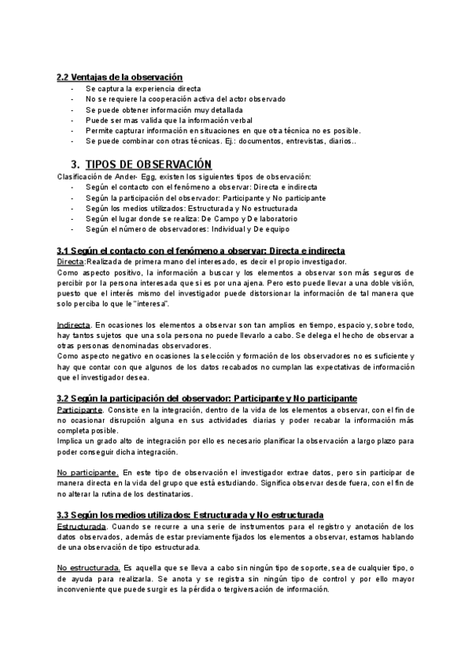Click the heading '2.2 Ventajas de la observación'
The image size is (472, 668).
(x=120, y=77)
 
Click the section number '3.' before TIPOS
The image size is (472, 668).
(x=76, y=164)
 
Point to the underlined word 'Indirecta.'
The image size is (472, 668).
(x=74, y=325)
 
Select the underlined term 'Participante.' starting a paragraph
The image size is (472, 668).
(x=80, y=410)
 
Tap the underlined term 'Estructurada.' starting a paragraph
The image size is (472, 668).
(x=81, y=525)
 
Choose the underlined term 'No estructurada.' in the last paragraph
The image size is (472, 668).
(x=89, y=567)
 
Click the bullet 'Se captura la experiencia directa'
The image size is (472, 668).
(x=144, y=89)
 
